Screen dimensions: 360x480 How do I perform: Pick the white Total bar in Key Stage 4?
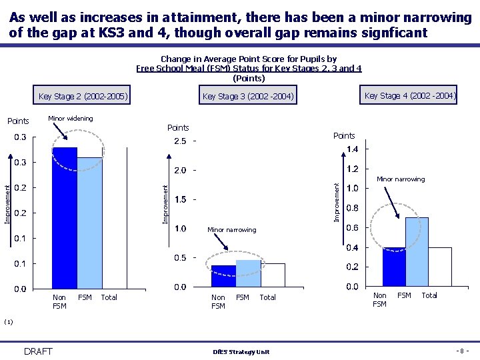(x=439, y=267)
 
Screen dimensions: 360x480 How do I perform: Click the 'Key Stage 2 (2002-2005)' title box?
(x=83, y=97)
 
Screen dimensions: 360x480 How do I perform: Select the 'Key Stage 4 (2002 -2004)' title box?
(x=410, y=96)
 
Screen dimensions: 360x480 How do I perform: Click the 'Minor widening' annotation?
(x=70, y=119)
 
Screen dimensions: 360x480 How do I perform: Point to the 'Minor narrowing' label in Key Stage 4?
(x=401, y=179)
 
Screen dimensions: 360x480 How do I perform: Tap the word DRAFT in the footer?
(x=37, y=351)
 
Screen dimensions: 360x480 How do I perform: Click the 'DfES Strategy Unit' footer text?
(x=241, y=352)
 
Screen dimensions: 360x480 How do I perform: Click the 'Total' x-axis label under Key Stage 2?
(x=109, y=297)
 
